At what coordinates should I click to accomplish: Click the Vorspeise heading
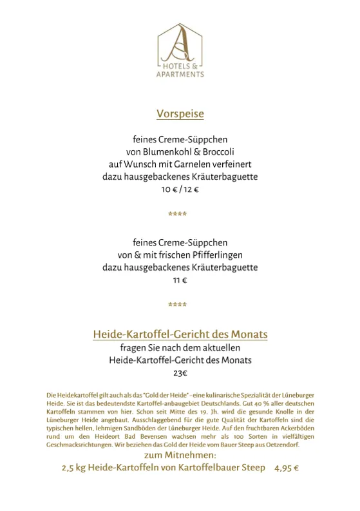[180, 114]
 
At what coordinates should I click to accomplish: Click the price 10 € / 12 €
[180, 189]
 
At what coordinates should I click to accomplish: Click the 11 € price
[180, 280]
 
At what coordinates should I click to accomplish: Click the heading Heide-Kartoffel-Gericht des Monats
[180, 334]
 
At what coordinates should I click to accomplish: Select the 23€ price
[180, 373]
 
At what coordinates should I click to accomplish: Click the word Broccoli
[213, 151]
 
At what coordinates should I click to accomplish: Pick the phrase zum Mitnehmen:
[180, 455]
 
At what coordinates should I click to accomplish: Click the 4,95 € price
[286, 468]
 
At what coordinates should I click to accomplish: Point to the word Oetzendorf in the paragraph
[281, 445]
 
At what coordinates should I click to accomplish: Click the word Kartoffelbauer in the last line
[198, 468]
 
